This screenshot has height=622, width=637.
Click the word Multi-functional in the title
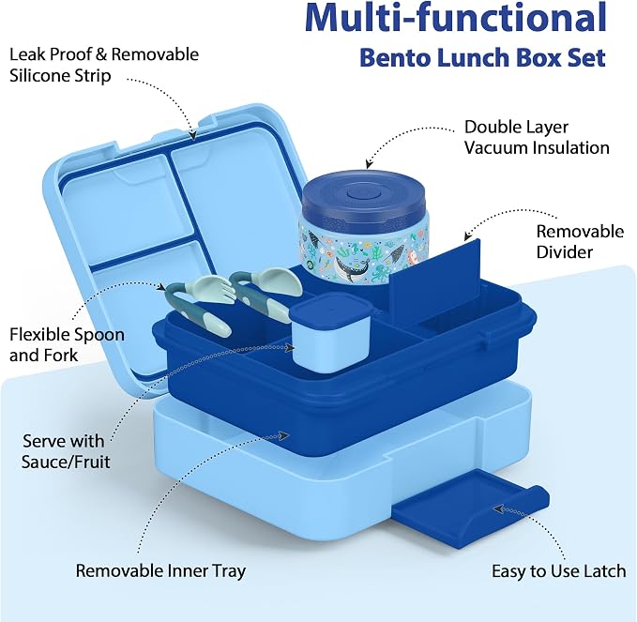click(x=455, y=18)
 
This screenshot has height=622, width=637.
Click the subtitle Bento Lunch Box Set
click(x=482, y=57)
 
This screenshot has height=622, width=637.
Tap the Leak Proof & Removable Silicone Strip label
click(x=104, y=65)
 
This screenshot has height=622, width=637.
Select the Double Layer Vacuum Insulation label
click(x=537, y=137)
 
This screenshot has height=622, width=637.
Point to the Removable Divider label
click(x=580, y=241)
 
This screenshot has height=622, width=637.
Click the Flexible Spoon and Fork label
click(x=67, y=345)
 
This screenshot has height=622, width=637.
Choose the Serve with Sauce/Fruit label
click(x=66, y=451)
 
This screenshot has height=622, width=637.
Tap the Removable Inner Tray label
click(x=160, y=570)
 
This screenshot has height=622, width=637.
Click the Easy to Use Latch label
click(x=558, y=570)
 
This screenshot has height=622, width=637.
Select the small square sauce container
click(x=330, y=332)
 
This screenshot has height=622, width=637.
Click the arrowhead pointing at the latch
click(x=498, y=508)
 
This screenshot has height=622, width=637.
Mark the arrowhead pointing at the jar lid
click(x=368, y=164)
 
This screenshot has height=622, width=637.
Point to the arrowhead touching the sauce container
click(x=290, y=347)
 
